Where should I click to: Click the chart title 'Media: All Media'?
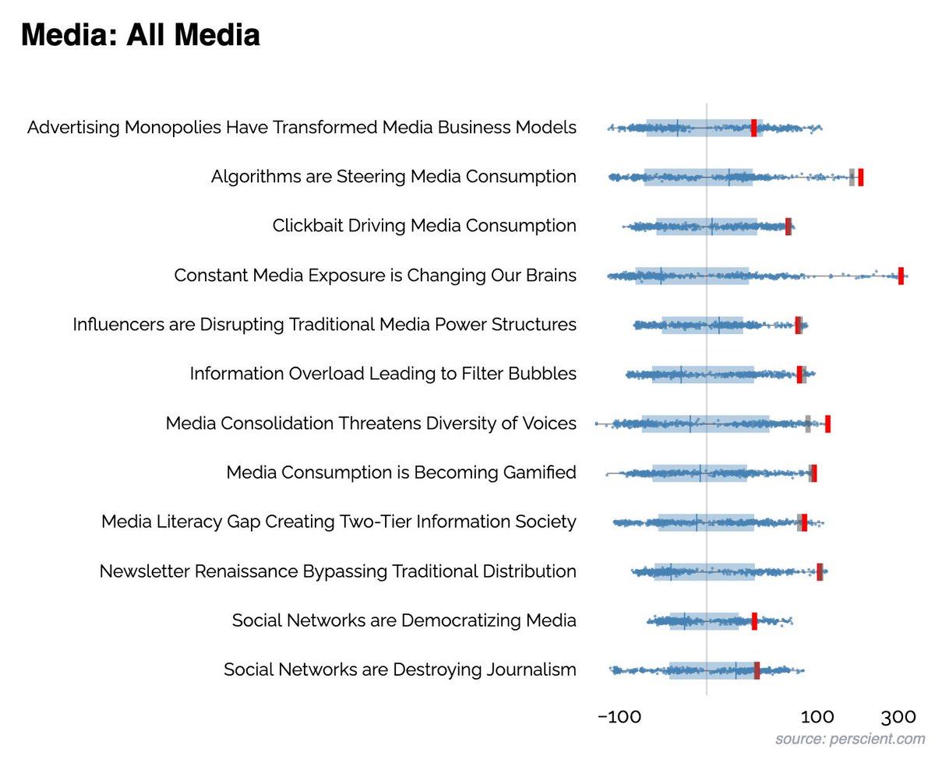click(x=140, y=36)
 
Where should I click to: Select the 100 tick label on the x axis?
click(x=816, y=716)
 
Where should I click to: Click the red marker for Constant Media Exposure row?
click(x=901, y=276)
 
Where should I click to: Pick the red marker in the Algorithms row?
click(x=860, y=177)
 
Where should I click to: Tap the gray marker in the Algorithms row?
click(x=852, y=177)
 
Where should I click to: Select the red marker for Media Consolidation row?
click(x=827, y=424)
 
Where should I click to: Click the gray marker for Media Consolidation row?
click(x=808, y=424)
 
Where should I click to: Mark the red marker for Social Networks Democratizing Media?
click(x=754, y=621)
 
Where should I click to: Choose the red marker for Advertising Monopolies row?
click(x=753, y=128)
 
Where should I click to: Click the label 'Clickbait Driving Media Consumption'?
click(x=425, y=226)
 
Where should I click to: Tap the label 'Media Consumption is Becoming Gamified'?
click(x=401, y=473)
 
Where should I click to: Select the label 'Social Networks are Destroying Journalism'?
click(x=400, y=670)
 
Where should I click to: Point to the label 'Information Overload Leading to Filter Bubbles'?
click(x=383, y=374)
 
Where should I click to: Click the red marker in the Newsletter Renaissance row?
click(x=820, y=571)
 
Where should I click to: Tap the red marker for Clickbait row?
click(x=789, y=226)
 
